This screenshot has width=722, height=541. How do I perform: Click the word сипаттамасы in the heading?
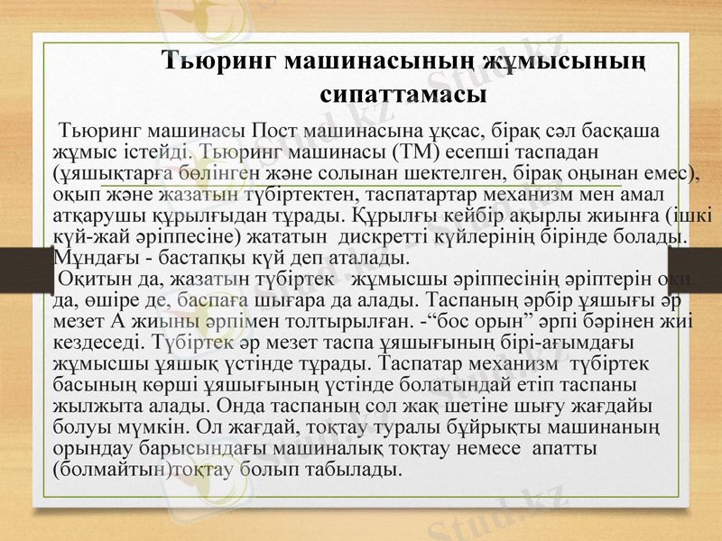[403, 92]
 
